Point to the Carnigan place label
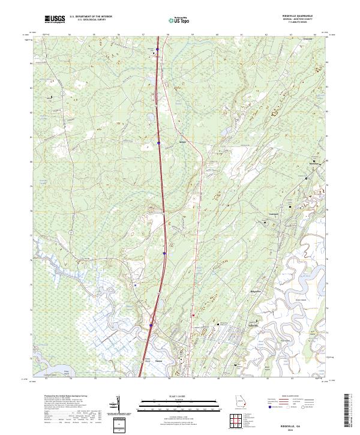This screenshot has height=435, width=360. (x=274, y=213)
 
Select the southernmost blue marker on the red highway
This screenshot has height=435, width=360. (x=151, y=325)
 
